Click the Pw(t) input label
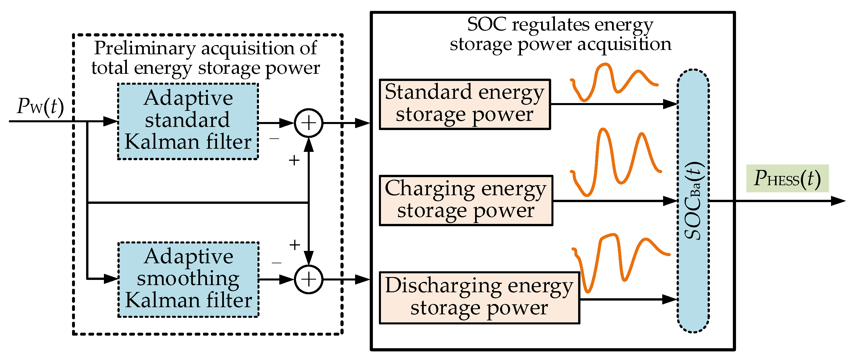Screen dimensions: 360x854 coord(40,107)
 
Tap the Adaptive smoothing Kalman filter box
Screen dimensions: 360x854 coord(188,279)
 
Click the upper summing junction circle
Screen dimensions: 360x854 coord(309,123)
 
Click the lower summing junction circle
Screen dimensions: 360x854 coord(309,279)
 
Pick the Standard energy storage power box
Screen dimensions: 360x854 coord(464,104)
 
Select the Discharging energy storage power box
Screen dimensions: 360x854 coord(479,297)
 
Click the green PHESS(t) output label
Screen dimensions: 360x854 coord(787,179)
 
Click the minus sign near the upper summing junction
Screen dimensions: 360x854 coord(274,139)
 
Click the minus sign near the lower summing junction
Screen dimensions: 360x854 coord(276,263)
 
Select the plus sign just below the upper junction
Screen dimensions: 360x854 coord(294,160)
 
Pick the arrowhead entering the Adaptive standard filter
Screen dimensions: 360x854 coord(111,121)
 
